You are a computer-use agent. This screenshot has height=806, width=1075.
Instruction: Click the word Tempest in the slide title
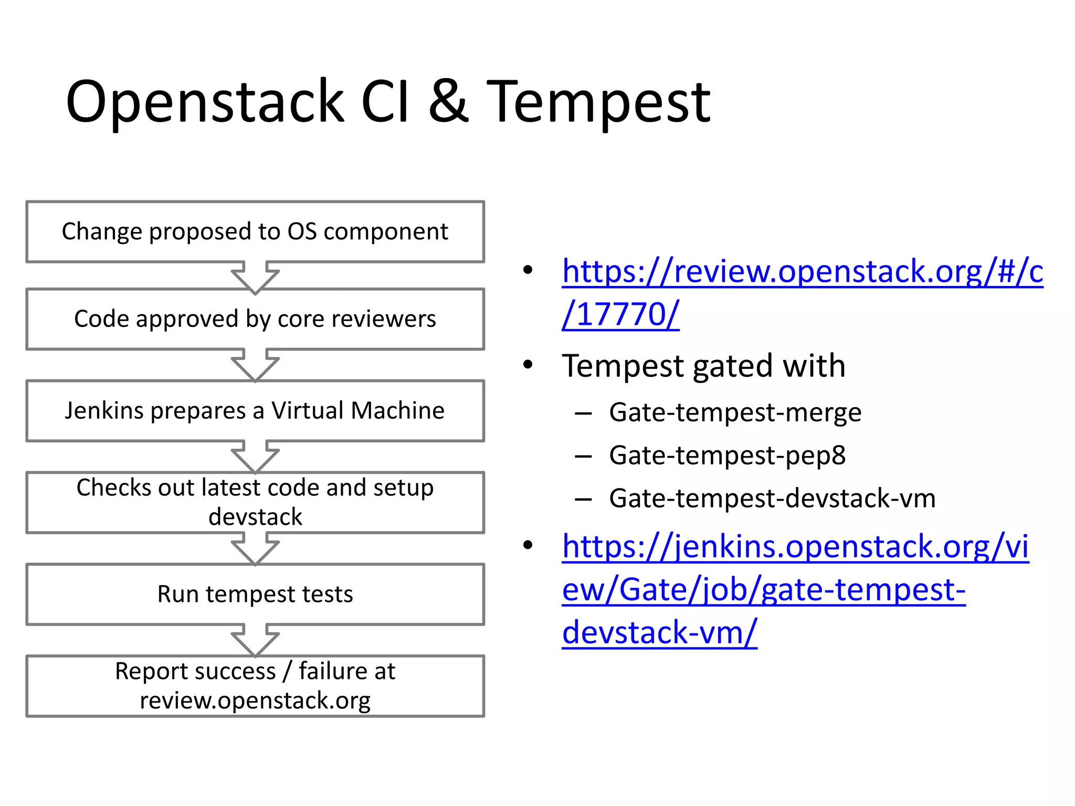[598, 102]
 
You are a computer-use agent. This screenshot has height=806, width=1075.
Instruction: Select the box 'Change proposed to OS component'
[255, 231]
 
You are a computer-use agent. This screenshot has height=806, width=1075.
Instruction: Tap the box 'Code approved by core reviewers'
[255, 319]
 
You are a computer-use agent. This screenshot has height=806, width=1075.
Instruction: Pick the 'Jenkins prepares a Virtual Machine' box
[255, 411]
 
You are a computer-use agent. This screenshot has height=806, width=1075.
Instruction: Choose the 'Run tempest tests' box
[255, 595]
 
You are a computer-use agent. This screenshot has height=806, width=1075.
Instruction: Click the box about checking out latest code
[255, 502]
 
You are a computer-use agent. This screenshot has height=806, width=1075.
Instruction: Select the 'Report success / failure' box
[255, 686]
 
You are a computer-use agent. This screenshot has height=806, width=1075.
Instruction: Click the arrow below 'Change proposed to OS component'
[255, 277]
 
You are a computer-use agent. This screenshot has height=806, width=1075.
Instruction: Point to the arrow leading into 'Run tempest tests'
[255, 549]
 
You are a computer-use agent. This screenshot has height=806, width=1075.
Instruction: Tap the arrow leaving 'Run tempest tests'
[255, 641]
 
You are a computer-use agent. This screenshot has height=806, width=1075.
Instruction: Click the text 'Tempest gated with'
[703, 366]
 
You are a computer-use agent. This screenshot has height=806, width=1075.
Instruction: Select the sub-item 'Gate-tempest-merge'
[735, 412]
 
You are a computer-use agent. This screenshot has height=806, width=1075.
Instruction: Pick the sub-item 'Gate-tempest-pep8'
[727, 455]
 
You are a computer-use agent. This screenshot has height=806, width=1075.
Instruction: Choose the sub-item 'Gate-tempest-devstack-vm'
[772, 499]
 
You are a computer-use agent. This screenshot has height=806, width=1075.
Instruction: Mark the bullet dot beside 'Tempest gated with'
[528, 364]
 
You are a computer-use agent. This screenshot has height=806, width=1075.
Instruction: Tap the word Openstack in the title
[205, 102]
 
